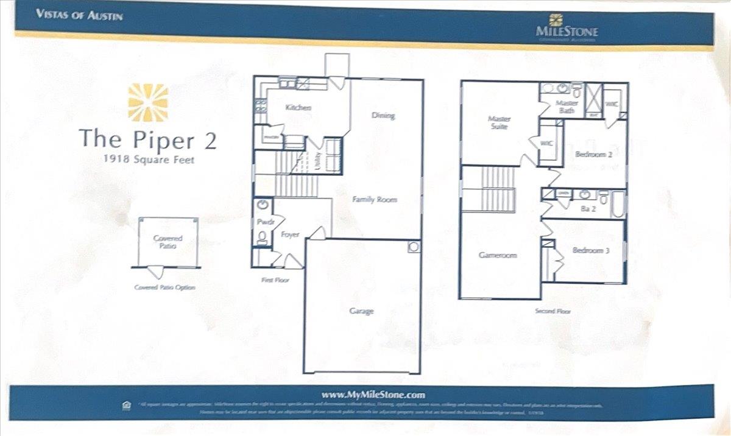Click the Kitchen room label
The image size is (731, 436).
(x=299, y=108)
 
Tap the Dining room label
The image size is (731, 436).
(x=383, y=116)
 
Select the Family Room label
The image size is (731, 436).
(x=375, y=199)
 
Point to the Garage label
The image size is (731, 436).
(x=361, y=311)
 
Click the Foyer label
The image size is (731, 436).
(x=291, y=234)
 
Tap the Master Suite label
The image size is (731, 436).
(x=500, y=122)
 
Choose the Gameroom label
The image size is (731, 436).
(x=498, y=255)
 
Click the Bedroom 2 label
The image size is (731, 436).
(x=593, y=154)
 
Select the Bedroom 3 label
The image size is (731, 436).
(x=591, y=250)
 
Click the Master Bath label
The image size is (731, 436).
(x=567, y=107)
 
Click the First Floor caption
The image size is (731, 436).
(x=274, y=280)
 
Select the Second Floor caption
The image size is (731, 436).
(x=553, y=311)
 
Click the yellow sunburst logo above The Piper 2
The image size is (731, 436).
(x=148, y=102)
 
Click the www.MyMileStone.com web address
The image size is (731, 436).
(x=364, y=394)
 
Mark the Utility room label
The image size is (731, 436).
(x=317, y=161)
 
